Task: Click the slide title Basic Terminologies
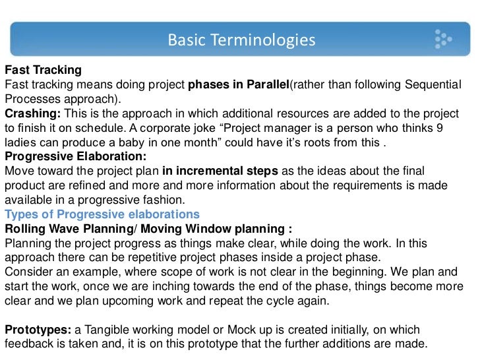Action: click(x=241, y=41)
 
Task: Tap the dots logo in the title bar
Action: click(x=442, y=40)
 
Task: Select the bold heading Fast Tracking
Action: click(x=43, y=70)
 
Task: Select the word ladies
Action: click(x=20, y=142)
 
